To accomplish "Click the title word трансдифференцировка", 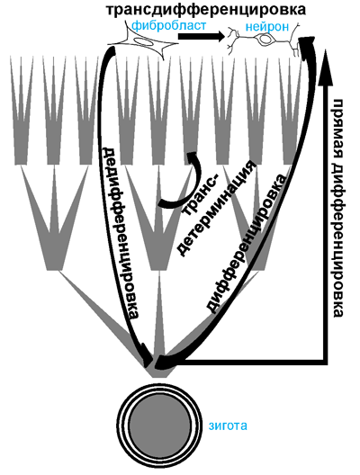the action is pyautogui.click(x=206, y=10).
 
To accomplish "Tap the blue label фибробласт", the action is pyautogui.click(x=169, y=25).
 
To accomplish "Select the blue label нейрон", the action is pyautogui.click(x=267, y=26).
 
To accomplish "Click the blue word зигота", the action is pyautogui.click(x=228, y=426).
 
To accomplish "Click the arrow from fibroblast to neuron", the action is pyautogui.click(x=201, y=36).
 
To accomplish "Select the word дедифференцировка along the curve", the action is pyautogui.click(x=121, y=233).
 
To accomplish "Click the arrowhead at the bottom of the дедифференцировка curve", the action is pyautogui.click(x=147, y=354).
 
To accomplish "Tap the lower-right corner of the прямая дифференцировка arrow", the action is pyautogui.click(x=328, y=363).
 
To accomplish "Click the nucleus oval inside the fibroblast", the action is pyautogui.click(x=142, y=41).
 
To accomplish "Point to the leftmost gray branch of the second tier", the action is pyautogui.click(x=55, y=218).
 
